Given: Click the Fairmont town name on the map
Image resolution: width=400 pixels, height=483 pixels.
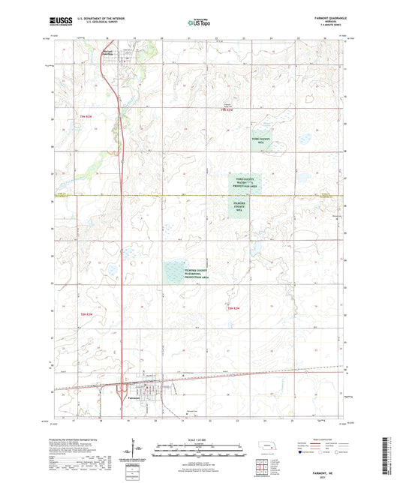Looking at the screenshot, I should pyautogui.click(x=136, y=397).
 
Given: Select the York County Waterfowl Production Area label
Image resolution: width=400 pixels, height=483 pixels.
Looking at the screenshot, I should pyautogui.click(x=246, y=182).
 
